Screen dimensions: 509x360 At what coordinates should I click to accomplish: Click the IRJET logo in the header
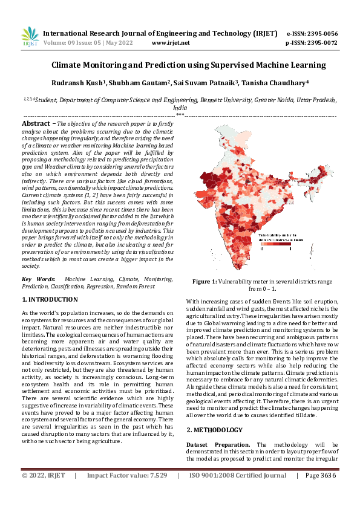[x=30, y=37]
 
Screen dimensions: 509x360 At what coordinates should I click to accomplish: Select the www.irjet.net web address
[x=171, y=43]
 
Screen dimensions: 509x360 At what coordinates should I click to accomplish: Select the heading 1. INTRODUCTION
[x=50, y=299]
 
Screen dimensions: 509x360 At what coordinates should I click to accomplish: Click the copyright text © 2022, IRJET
[x=44, y=493]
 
